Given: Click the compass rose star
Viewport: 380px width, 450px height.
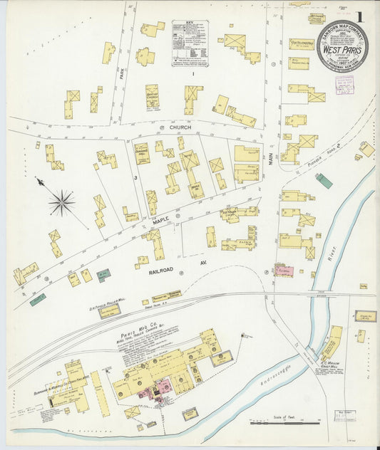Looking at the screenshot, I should tap(62, 202).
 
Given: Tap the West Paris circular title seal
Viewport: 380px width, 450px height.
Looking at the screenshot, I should tap(342, 46).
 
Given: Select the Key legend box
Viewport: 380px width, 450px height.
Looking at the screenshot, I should tap(190, 43).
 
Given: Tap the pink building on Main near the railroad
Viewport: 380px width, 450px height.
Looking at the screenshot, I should tap(283, 271).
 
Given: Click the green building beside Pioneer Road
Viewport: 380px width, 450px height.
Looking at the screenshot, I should tap(324, 181).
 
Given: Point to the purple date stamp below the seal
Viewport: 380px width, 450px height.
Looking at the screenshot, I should tap(344, 84).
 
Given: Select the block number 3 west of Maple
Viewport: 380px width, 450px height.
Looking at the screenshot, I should tap(134, 176).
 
